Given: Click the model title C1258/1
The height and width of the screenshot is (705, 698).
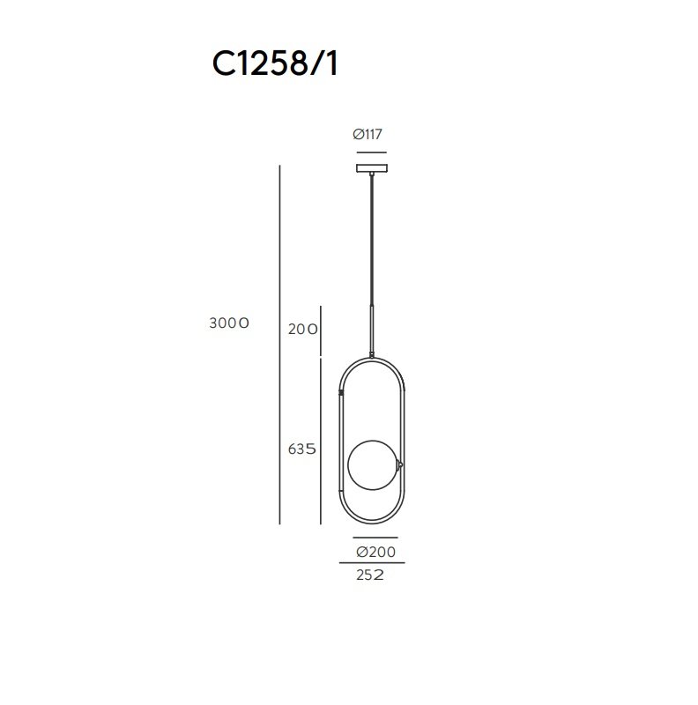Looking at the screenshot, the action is click(x=275, y=63).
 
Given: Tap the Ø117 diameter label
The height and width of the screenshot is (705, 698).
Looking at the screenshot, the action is click(x=368, y=134).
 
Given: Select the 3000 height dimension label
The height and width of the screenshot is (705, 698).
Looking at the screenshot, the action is click(x=229, y=323).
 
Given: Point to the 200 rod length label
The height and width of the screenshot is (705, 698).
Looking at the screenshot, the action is click(x=302, y=329).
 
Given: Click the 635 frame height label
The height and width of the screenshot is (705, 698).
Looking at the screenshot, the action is click(x=301, y=449).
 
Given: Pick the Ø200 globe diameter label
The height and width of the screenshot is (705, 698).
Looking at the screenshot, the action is click(x=376, y=552).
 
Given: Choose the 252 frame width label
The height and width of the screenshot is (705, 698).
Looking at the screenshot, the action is click(x=369, y=575).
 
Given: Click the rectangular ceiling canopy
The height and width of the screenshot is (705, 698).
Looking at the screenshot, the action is click(x=372, y=168).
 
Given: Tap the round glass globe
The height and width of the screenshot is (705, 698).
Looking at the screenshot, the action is click(x=373, y=465).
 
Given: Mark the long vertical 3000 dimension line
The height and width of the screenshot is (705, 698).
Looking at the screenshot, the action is click(x=279, y=345).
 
